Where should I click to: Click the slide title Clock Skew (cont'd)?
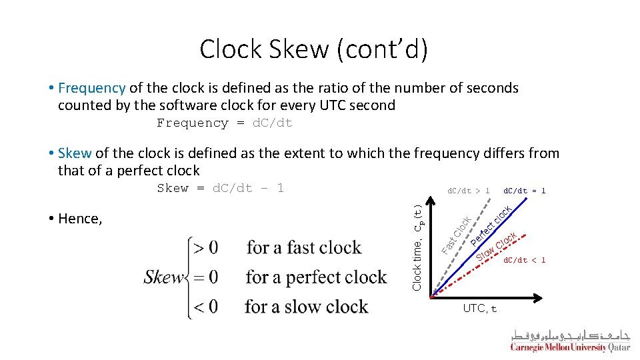[x=313, y=49]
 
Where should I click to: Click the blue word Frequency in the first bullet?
[x=92, y=88]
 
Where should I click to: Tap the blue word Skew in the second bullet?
[x=75, y=153]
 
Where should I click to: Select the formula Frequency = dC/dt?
[x=225, y=123]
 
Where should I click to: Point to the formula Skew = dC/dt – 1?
[x=221, y=189]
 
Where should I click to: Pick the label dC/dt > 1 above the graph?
[x=468, y=191]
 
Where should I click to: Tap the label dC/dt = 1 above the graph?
[x=524, y=191]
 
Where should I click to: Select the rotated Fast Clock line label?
[x=457, y=235]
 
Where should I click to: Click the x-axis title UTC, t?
[x=480, y=309]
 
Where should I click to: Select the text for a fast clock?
[x=304, y=248]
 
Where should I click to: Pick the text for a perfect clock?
[x=316, y=277]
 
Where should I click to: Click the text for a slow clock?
[x=307, y=307]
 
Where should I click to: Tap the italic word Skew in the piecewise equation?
[x=164, y=277]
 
